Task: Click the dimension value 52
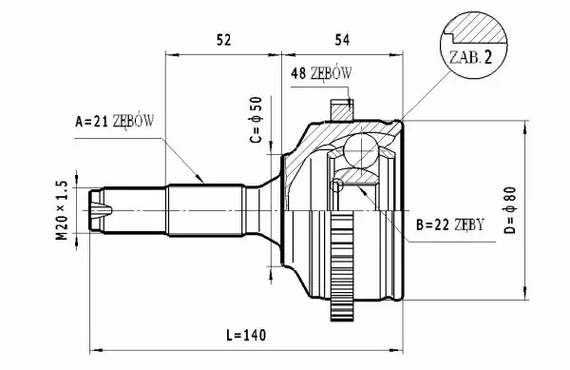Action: point(223,40)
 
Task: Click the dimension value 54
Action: point(342,40)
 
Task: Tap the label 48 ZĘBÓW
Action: point(321,73)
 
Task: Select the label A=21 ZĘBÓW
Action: point(115,121)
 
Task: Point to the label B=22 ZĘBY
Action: point(450,224)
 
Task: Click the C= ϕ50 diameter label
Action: point(256,120)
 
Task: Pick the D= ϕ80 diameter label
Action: point(511,210)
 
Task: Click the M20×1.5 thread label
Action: point(62,210)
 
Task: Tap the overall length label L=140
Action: point(246,335)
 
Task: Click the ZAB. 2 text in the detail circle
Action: point(470,57)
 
